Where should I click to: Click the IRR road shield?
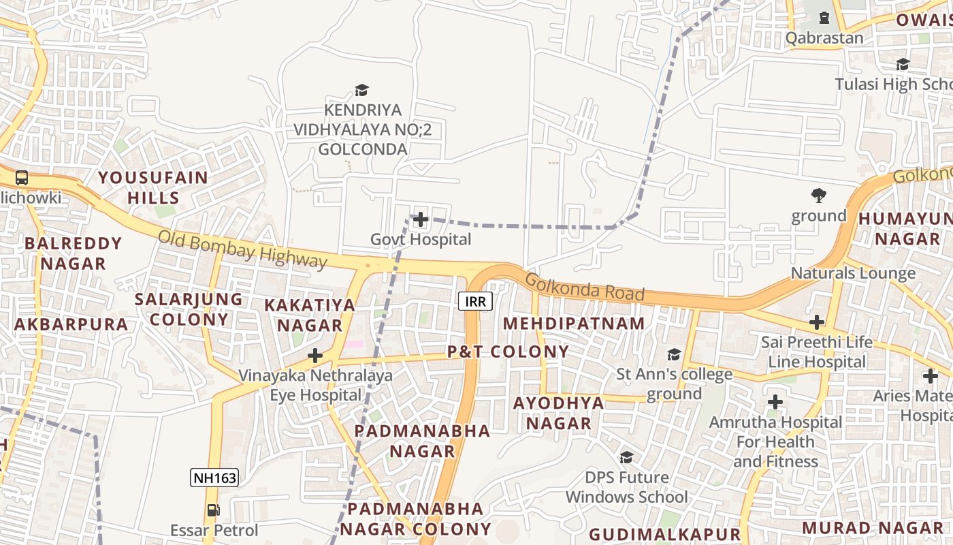pos(475,301)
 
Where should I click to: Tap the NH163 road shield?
pos(214,478)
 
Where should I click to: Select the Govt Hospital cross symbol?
pos(421,219)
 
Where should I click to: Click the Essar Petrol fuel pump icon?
pos(213,510)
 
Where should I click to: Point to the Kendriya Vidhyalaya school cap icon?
pos(361,90)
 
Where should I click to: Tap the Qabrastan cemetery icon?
pos(824,18)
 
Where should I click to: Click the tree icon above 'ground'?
pos(818,196)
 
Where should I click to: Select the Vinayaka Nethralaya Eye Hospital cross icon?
pos(315,355)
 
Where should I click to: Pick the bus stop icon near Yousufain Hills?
pos(22,178)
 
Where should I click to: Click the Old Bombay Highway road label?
pos(242,249)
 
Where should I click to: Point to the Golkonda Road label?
pos(584,287)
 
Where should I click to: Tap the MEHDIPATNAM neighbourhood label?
pos(574,324)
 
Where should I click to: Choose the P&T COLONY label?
pos(508,352)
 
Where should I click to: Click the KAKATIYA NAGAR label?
pos(310,315)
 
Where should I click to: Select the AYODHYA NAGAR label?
pos(558,413)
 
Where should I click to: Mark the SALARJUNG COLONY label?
pos(189,309)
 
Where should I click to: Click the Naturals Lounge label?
pos(853,273)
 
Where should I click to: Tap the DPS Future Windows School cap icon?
pos(626,457)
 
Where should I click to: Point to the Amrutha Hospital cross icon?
pos(775,402)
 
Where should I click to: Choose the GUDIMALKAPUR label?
pos(664,534)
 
